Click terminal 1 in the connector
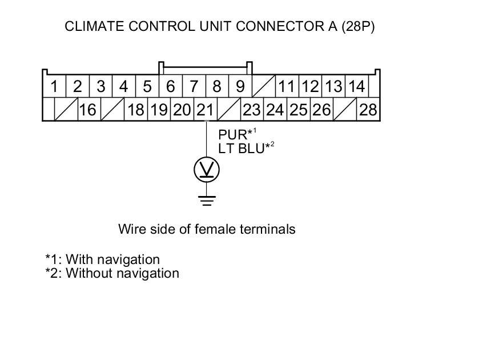tap(54, 87)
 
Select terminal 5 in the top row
tap(147, 87)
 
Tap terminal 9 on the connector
tap(240, 87)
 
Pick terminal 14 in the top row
tap(357, 87)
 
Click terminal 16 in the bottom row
tap(87, 110)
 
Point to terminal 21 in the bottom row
tap(205, 110)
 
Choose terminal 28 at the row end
tap(368, 110)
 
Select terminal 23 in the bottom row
tap(252, 110)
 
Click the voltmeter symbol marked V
tap(207, 170)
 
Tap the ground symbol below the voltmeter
tap(207, 201)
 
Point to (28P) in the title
tap(357, 26)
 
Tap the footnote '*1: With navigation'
tap(102, 260)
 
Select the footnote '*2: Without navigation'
tap(112, 273)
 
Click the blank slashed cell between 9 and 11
tap(264, 87)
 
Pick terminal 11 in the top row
tap(287, 87)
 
